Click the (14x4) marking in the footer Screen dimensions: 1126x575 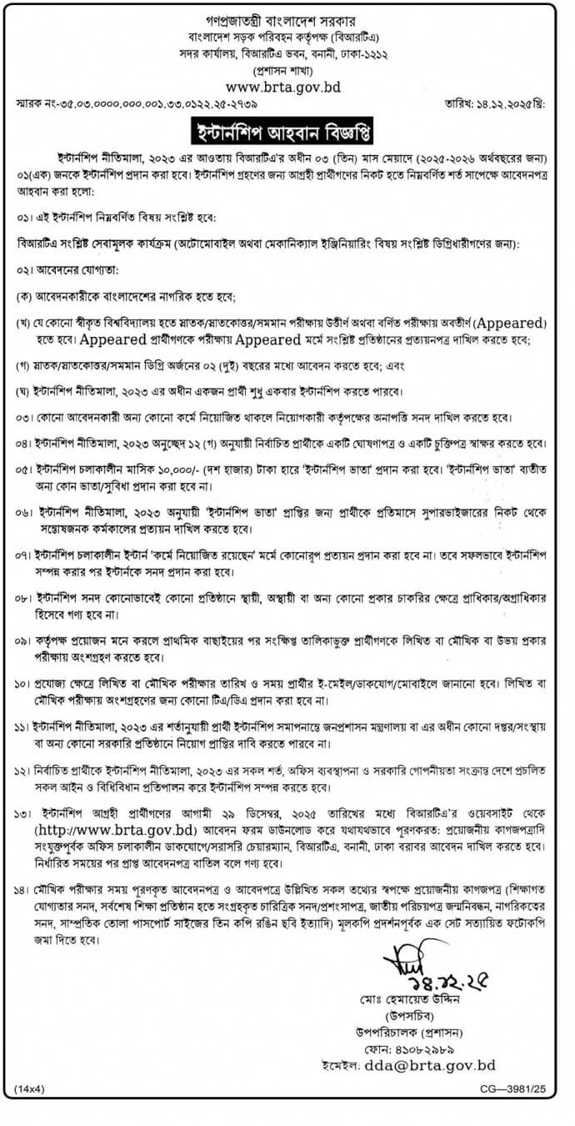[x=30, y=1088]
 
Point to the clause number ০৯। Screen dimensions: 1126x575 [x=24, y=639]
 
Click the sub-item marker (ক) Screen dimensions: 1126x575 [x=24, y=297]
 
